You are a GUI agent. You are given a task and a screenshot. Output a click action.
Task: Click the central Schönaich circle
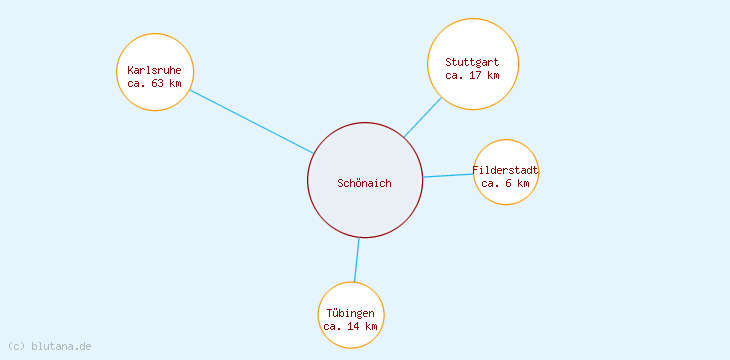(x=365, y=205)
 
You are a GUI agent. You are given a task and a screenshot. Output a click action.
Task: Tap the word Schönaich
(x=365, y=183)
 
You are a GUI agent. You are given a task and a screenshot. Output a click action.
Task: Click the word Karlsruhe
(x=155, y=70)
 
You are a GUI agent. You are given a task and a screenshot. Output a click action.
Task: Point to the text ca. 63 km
(x=155, y=83)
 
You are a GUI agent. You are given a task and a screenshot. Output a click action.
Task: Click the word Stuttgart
(x=472, y=62)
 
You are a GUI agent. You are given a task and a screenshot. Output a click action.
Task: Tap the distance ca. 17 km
(x=472, y=75)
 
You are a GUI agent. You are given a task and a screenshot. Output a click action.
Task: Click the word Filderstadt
(x=506, y=170)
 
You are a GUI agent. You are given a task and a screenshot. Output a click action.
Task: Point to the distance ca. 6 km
(x=506, y=183)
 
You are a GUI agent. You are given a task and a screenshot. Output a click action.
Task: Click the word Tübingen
(x=351, y=313)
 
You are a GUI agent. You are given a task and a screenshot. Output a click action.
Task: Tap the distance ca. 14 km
(x=351, y=326)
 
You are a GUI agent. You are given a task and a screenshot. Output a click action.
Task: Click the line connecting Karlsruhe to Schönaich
(x=251, y=122)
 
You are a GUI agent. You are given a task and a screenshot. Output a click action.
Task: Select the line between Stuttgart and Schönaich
(x=423, y=117)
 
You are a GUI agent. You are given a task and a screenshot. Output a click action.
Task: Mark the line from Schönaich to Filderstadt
(x=448, y=175)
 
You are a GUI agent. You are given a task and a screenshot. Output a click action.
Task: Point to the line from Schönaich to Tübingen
(x=357, y=260)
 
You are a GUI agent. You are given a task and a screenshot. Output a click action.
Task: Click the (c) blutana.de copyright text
(x=49, y=346)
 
